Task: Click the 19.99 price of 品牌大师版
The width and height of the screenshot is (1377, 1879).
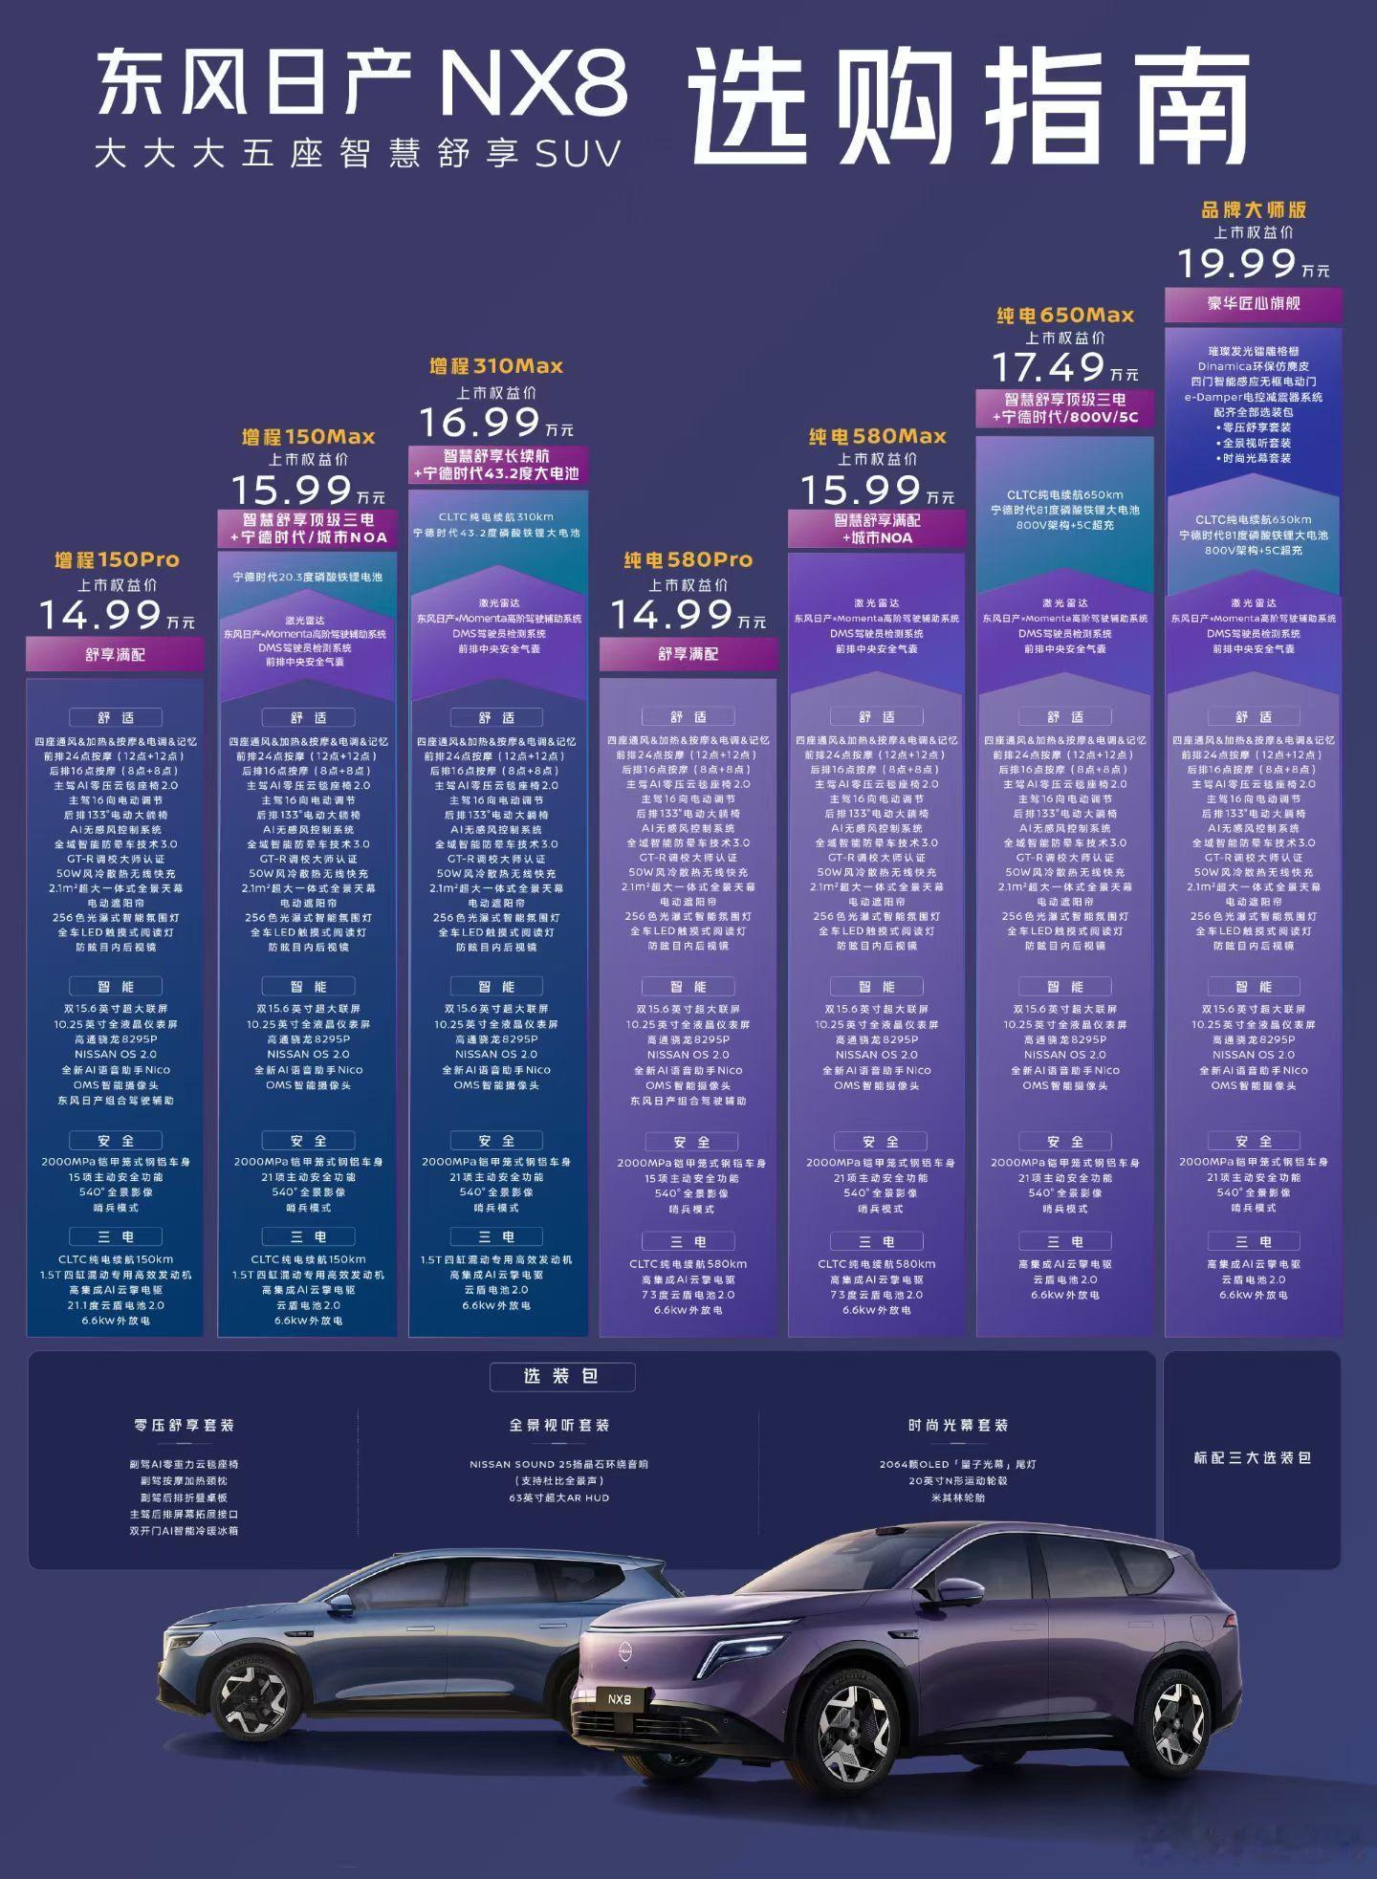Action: pos(1235,264)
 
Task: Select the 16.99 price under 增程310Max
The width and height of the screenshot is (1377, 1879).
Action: pos(480,423)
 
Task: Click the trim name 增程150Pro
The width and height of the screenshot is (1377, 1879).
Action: pos(117,559)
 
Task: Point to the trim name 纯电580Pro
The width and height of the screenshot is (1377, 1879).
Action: pos(688,559)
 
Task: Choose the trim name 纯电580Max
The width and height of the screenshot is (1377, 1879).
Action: pos(877,437)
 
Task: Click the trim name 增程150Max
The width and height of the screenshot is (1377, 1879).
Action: pos(308,437)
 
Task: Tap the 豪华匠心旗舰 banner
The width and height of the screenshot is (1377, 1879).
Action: pos(1253,304)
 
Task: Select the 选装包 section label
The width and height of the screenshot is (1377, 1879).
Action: pos(560,1376)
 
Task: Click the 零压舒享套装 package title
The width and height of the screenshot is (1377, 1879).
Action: pos(184,1425)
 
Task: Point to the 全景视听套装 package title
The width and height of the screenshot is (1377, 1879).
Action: pos(558,1425)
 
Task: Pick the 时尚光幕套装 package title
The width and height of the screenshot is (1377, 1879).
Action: pos(957,1425)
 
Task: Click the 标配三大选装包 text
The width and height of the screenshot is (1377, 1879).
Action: pos(1252,1458)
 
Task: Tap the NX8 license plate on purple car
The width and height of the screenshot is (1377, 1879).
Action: pos(620,1698)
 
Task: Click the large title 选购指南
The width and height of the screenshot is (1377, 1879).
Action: pos(968,107)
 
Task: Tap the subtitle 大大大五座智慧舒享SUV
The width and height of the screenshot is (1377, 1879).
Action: pos(358,154)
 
